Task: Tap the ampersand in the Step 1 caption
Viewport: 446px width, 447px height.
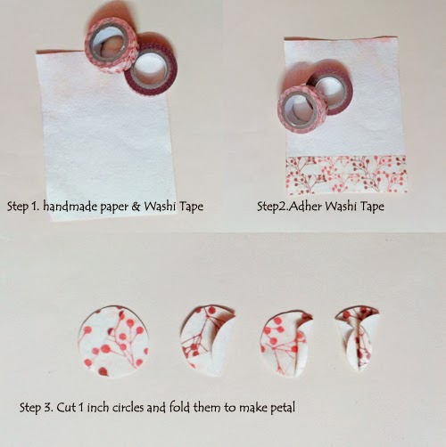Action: pyautogui.click(x=136, y=206)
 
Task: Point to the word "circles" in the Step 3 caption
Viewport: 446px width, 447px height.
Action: pyautogui.click(x=128, y=407)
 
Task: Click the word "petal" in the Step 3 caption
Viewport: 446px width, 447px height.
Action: pyautogui.click(x=283, y=408)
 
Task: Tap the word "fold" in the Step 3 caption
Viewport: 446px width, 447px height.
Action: pyautogui.click(x=179, y=407)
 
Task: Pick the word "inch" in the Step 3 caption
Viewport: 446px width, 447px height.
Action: pyautogui.click(x=98, y=407)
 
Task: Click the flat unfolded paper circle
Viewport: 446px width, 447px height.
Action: pyautogui.click(x=113, y=340)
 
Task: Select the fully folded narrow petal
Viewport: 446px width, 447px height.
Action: pyautogui.click(x=358, y=337)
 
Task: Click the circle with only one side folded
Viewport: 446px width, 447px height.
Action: pyautogui.click(x=207, y=340)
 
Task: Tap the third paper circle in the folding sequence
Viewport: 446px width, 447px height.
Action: pyautogui.click(x=286, y=345)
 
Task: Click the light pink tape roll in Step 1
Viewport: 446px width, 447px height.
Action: pyautogui.click(x=111, y=45)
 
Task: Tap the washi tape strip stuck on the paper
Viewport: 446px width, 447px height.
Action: pyautogui.click(x=346, y=175)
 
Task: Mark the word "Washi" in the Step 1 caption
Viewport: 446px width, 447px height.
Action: pyautogui.click(x=160, y=206)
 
